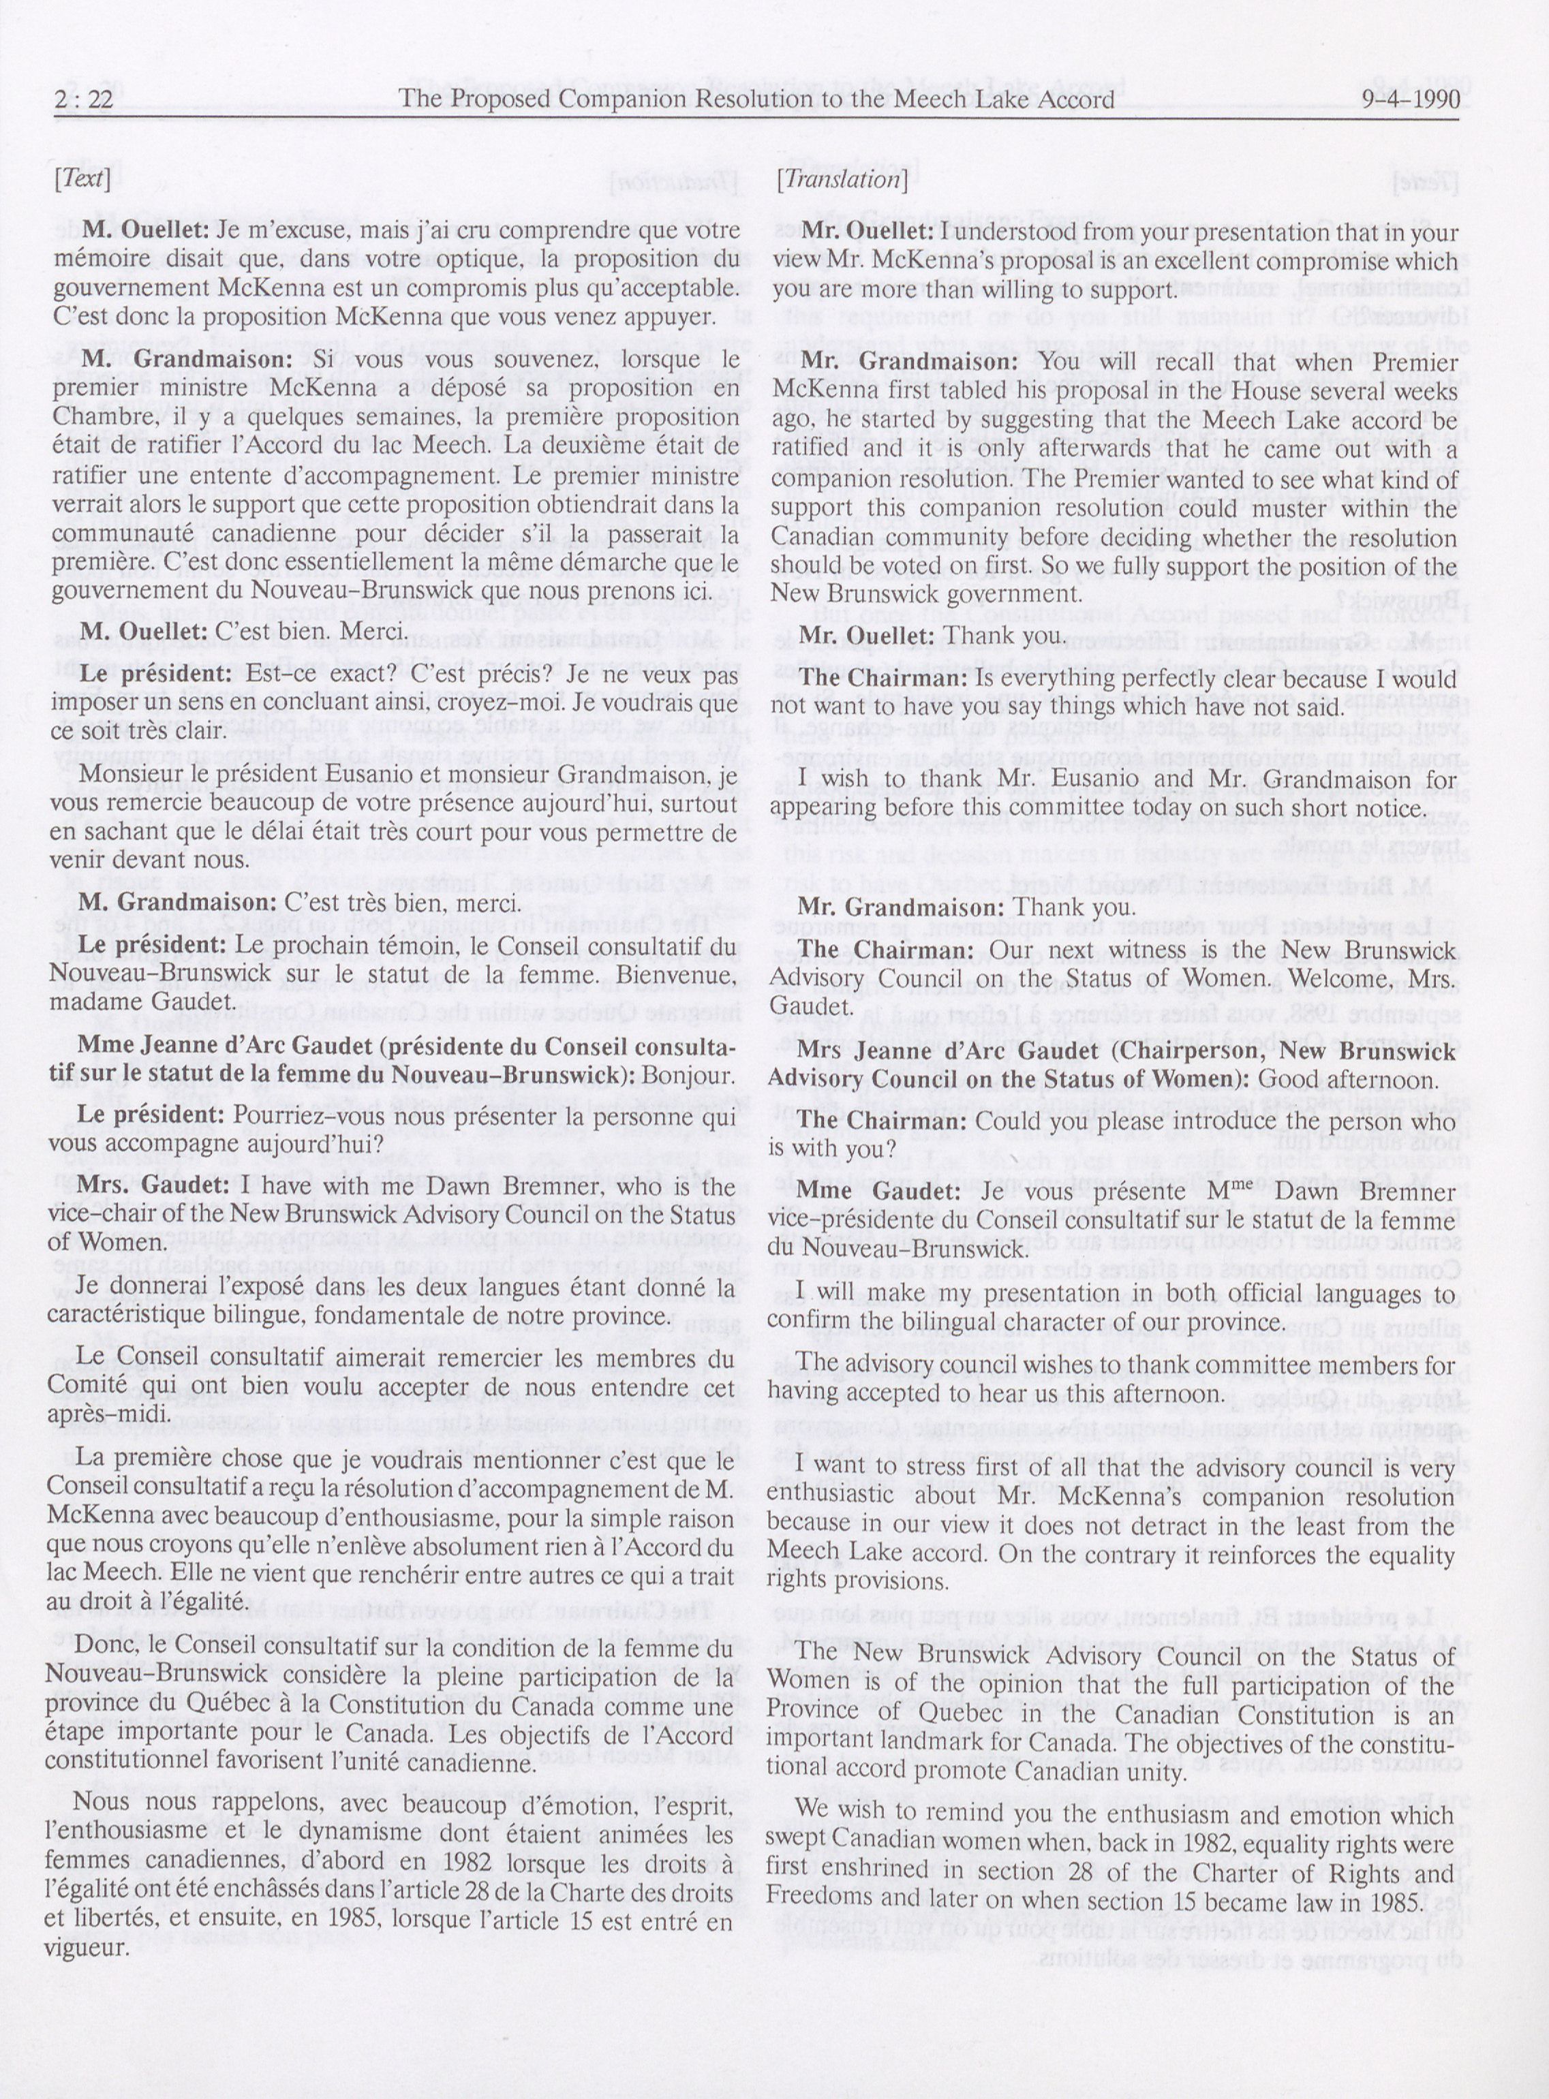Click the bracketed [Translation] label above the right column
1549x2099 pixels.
pyautogui.click(x=842, y=178)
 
